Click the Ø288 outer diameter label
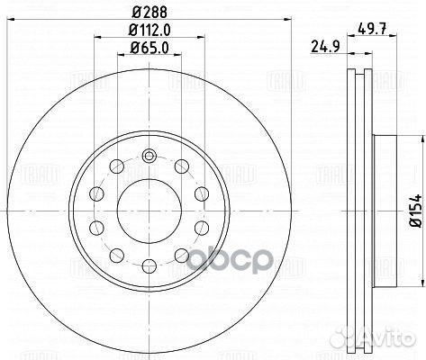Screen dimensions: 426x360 pos(150,12)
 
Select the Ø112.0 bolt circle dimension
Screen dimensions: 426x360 pos(150,30)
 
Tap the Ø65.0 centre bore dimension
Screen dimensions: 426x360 pos(150,48)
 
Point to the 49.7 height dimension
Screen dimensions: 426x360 pos(372,29)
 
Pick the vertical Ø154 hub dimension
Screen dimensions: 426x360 pos(416,211)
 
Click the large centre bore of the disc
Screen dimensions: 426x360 pos(150,211)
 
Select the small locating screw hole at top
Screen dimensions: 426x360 pos(149,156)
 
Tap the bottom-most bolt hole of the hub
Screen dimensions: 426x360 pos(150,266)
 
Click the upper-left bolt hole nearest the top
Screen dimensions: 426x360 pos(116,166)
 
